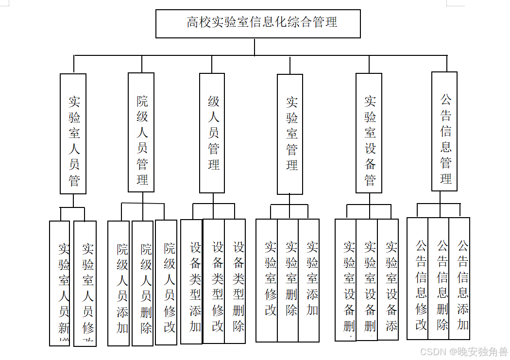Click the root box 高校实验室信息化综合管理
pos(258,23)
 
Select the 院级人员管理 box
pos(141,132)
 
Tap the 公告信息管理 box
pos(444,131)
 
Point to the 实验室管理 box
pos(290,134)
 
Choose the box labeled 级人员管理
pos(212,133)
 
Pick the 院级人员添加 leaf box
pos(119,283)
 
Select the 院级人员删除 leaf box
pos(143,283)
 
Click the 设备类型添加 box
pos(192,282)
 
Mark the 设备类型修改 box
pos(214,281)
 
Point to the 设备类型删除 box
pos(235,281)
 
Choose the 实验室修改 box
pos(267,280)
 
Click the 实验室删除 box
pos(288,280)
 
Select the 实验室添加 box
pos(309,280)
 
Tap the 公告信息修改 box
pos(418,278)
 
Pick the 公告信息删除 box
pos(439,278)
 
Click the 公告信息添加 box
pos(459,278)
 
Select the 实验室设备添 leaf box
pos(388,279)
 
